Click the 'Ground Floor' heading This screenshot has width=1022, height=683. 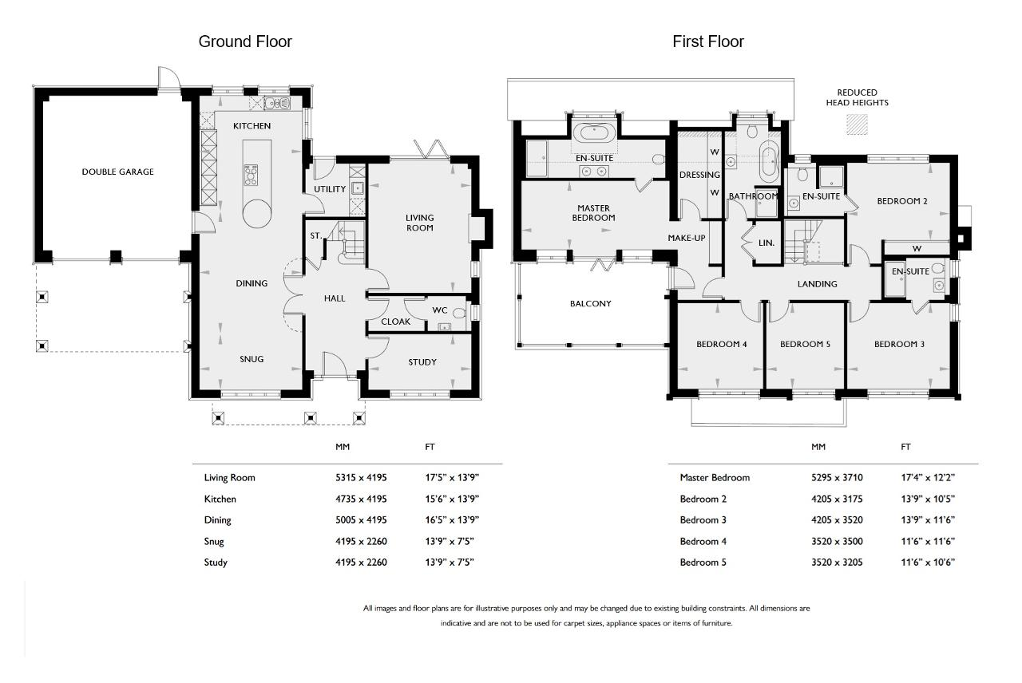coord(245,41)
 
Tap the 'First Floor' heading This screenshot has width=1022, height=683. coord(708,41)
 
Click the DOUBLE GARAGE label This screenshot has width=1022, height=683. coord(117,172)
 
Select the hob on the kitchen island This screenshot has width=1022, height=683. coord(251,175)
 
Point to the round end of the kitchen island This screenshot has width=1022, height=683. coord(257,213)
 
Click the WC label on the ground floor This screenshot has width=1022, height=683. coord(440,310)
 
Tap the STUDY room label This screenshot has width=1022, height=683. coord(422,362)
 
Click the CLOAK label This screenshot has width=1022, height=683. coord(395,322)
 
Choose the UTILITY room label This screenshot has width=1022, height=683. coord(330,189)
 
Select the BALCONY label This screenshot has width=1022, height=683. coord(590,303)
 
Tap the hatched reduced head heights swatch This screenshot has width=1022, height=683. coord(857,124)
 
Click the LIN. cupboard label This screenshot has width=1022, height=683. coord(766,243)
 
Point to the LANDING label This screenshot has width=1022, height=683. coord(817,284)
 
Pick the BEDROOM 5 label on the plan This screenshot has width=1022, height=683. coord(805,344)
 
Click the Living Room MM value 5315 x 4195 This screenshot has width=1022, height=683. coord(361,477)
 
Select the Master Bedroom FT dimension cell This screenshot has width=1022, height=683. coord(928,477)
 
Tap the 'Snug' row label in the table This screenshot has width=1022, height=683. coord(214,542)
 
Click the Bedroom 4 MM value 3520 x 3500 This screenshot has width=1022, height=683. coord(837,541)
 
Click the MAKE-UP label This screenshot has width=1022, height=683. coord(686,238)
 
